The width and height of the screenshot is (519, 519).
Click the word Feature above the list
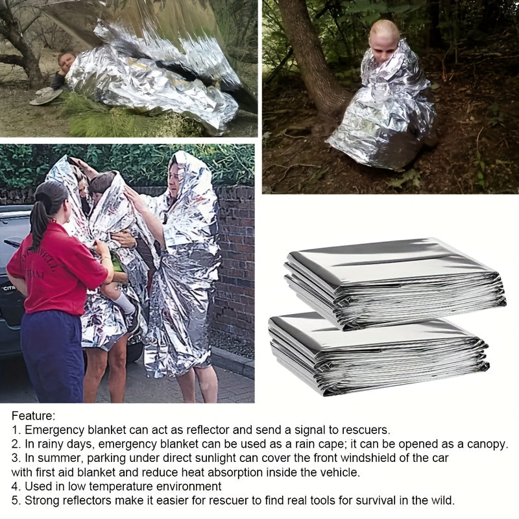[32, 415]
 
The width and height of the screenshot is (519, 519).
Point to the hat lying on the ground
[47, 96]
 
